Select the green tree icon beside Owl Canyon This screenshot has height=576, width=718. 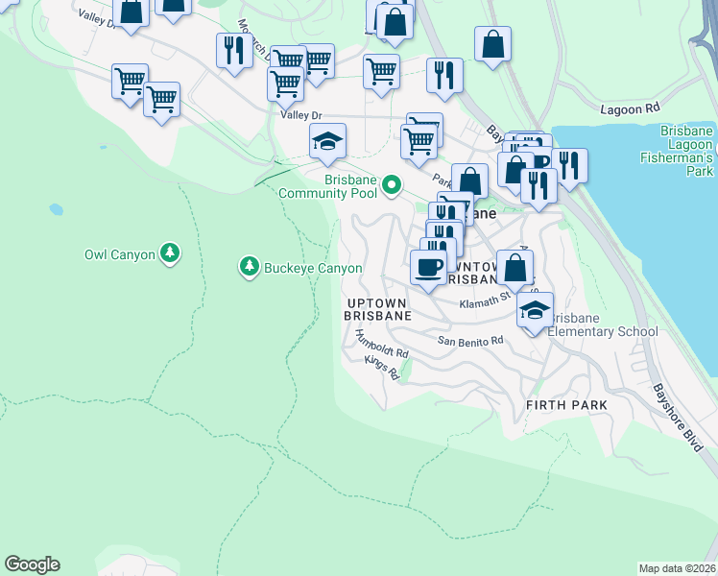pos(170,252)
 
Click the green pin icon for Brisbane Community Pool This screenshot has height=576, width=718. pos(392,184)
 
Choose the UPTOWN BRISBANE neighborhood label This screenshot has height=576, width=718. pos(378,309)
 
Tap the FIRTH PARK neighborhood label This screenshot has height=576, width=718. pos(566,405)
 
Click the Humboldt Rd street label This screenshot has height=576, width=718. pos(382,345)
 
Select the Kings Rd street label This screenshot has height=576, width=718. pos(381,368)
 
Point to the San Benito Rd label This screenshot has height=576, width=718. pos(470,341)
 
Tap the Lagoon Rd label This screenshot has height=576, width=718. pos(629,109)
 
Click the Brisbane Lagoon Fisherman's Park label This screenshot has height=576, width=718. pos(686,151)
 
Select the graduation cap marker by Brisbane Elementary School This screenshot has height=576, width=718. pos(535,310)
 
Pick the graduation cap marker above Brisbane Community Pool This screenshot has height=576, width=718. pos(327,141)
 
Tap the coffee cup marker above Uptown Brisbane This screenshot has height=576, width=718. pos(428,266)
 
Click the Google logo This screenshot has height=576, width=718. pos(32,564)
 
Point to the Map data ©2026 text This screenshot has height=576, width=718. pos(678,567)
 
